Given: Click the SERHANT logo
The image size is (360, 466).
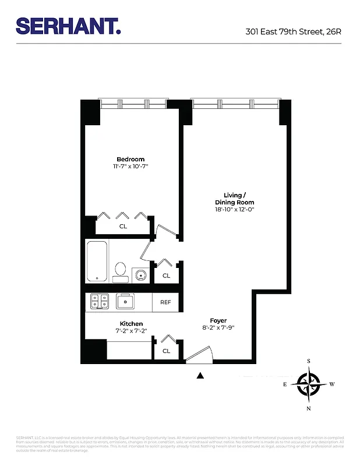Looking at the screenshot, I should click(x=68, y=25).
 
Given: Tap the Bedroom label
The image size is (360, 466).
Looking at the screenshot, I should click(x=130, y=159).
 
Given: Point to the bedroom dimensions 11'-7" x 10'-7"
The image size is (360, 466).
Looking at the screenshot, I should click(x=130, y=167).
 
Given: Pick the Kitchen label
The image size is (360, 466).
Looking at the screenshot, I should click(x=131, y=323).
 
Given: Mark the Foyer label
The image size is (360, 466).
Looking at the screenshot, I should click(x=218, y=320).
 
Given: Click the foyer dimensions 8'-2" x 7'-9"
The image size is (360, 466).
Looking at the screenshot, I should click(x=218, y=328).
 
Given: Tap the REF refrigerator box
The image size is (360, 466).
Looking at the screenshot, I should click(x=165, y=302).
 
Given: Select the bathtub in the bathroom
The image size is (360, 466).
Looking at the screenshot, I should click(x=97, y=262).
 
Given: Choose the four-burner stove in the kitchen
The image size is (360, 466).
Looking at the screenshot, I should click(x=100, y=301).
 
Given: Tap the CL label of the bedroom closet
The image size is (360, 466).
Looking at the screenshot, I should click(x=123, y=226).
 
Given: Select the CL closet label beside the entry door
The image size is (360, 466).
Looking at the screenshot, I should click(x=166, y=351).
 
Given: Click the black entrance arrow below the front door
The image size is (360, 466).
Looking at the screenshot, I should click(x=200, y=376).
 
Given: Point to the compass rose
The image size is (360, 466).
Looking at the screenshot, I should click(x=308, y=384).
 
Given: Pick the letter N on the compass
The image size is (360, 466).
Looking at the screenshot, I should click(x=308, y=408).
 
